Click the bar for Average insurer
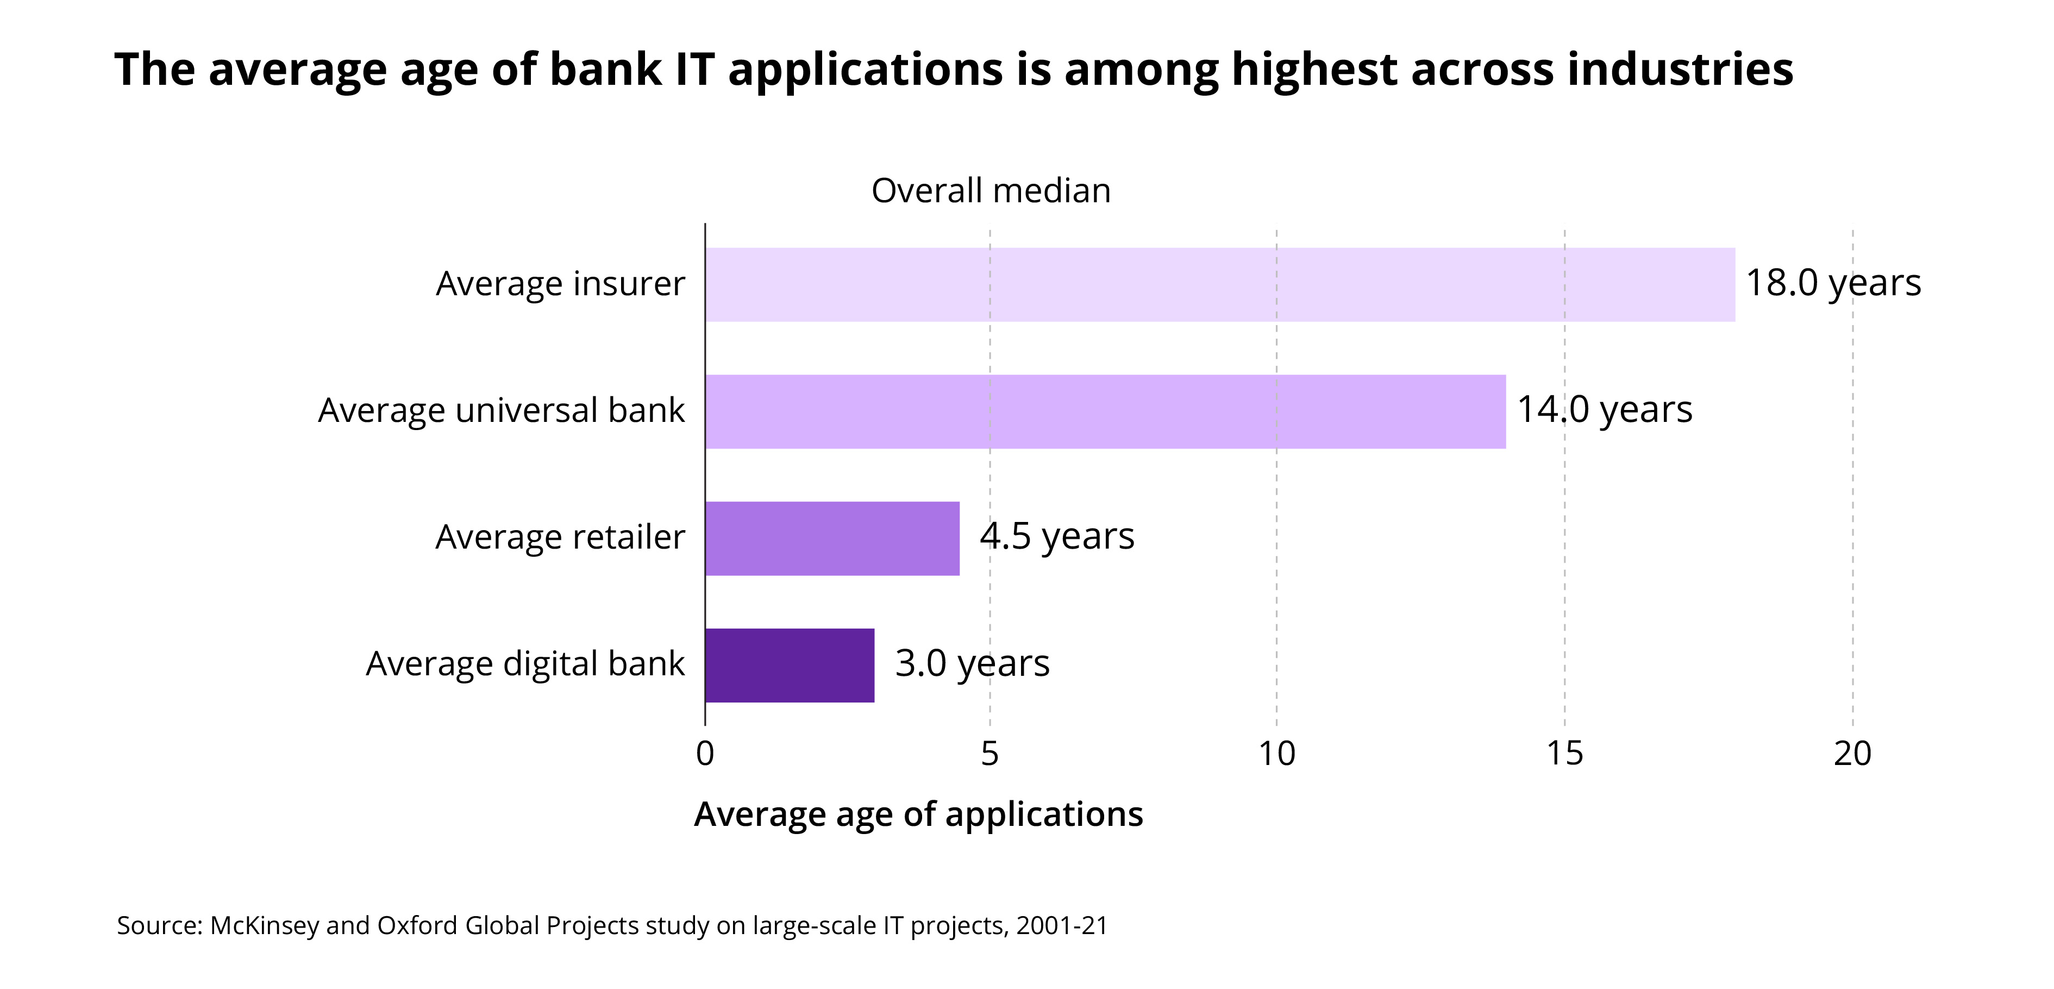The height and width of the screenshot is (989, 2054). pyautogui.click(x=1219, y=285)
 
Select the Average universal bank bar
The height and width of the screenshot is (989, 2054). pyautogui.click(x=1105, y=412)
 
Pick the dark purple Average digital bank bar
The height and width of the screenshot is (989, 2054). pyautogui.click(x=790, y=665)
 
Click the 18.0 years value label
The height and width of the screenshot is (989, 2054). pyautogui.click(x=1833, y=283)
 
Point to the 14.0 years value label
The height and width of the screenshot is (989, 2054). pyautogui.click(x=1604, y=410)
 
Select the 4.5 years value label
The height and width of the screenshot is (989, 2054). pyautogui.click(x=1056, y=536)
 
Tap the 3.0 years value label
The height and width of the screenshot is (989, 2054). pyautogui.click(x=972, y=663)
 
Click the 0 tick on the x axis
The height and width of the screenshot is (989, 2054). pyautogui.click(x=705, y=754)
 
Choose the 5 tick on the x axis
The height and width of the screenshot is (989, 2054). pyautogui.click(x=990, y=754)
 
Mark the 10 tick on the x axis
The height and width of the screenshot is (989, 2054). pyautogui.click(x=1276, y=754)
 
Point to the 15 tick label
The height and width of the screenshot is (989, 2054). pyautogui.click(x=1564, y=754)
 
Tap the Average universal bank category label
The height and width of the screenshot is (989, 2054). pyautogui.click(x=501, y=410)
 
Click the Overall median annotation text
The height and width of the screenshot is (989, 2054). pyautogui.click(x=990, y=191)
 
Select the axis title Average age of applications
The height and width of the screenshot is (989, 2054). pyautogui.click(x=918, y=814)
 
